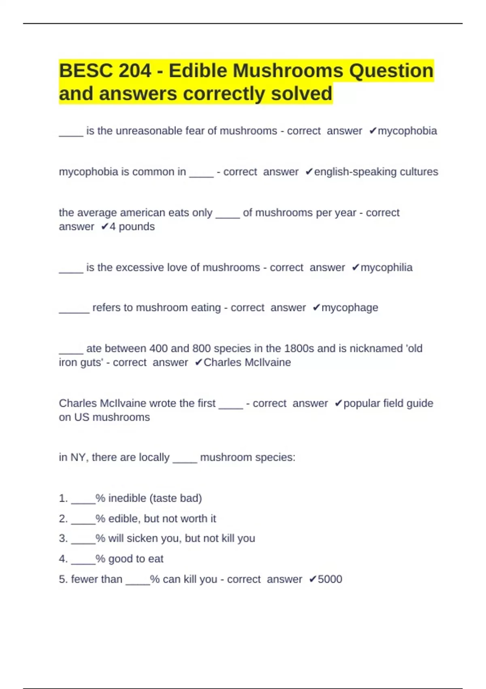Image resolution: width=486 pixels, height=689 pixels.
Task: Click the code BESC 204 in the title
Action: (105, 71)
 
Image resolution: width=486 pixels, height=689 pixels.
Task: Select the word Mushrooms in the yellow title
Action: (288, 71)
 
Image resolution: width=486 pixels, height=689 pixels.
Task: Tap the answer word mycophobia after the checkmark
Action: (407, 131)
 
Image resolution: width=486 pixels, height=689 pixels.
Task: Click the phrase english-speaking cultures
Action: (376, 172)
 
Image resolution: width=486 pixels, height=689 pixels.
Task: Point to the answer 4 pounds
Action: (132, 227)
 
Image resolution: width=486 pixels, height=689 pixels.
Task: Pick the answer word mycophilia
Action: (386, 267)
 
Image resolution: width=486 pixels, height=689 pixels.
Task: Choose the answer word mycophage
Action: (350, 308)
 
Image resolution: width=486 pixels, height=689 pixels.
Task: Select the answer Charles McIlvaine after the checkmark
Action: (247, 362)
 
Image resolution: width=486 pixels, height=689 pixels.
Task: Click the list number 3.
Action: (63, 539)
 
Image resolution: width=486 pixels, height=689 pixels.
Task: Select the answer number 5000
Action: (330, 579)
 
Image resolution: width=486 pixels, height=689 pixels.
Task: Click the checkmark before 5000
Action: (312, 579)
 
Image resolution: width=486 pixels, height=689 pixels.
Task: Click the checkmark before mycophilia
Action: (355, 267)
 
